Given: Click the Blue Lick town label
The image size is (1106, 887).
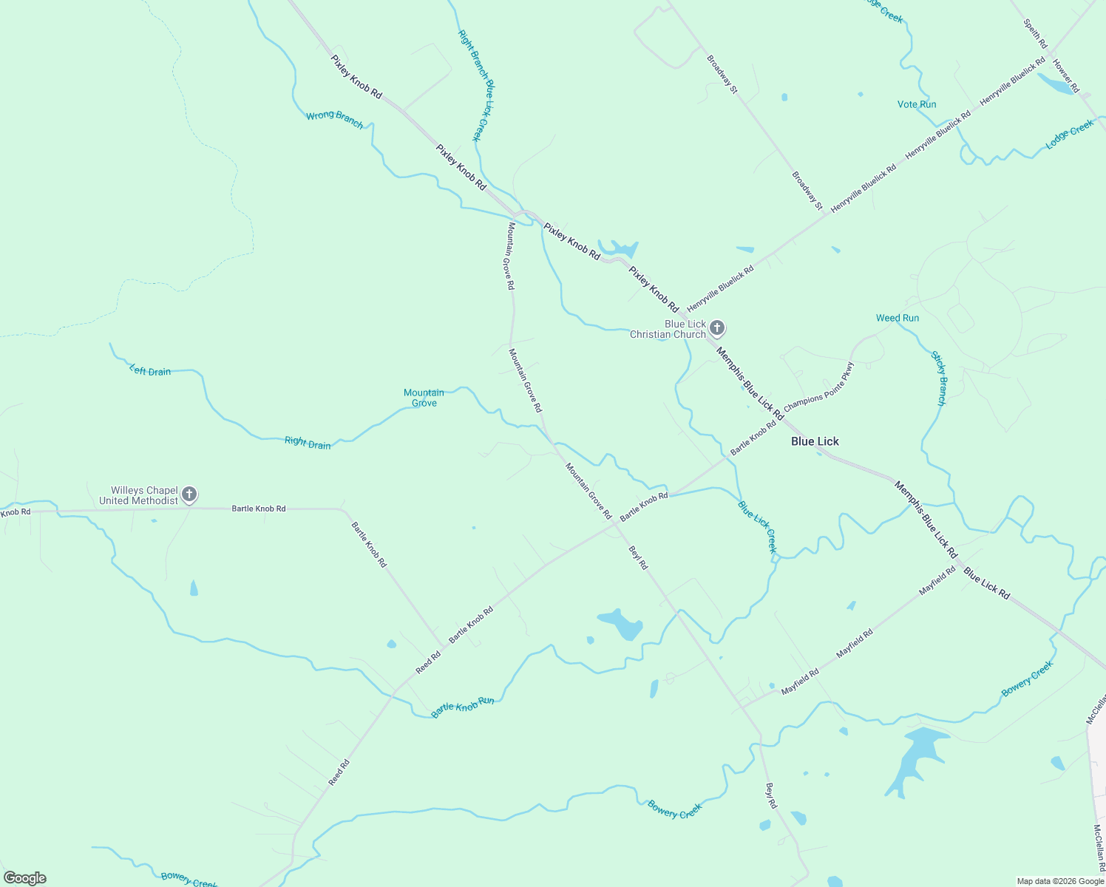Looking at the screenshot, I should click(815, 441).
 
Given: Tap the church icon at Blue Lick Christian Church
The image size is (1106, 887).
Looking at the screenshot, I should click(716, 328).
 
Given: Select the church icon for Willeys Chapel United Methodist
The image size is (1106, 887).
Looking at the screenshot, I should click(189, 494).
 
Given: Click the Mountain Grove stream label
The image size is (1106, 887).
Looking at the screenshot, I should click(424, 398).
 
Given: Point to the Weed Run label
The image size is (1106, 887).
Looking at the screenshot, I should click(898, 318).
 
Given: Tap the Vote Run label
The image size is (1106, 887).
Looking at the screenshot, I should click(917, 104).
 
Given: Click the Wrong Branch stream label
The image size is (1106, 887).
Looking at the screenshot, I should click(335, 119).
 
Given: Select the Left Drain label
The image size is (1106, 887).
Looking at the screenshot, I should click(150, 371).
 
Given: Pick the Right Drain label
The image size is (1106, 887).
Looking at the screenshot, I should click(308, 443).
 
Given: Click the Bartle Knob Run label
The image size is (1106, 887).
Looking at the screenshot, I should click(463, 707).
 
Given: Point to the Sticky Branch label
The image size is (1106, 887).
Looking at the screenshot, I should click(938, 378).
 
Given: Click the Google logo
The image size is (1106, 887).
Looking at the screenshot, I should click(25, 878).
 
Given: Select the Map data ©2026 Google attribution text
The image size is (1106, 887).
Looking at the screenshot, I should click(1060, 881).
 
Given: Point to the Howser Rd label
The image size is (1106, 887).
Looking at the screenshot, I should click(1066, 76).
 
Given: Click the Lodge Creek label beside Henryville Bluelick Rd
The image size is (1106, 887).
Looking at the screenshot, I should click(1070, 135).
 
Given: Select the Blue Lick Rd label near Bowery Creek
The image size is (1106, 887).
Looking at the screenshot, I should click(986, 583).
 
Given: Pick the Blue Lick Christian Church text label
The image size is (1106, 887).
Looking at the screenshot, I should click(668, 329).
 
